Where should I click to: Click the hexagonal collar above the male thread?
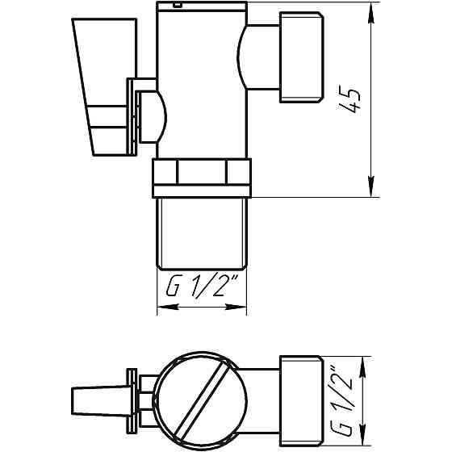tap(203, 178)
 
